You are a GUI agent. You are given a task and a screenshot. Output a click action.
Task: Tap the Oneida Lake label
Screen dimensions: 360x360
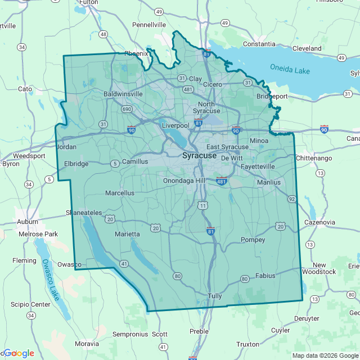click(x=291, y=69)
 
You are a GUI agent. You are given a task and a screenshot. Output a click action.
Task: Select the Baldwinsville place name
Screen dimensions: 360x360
click(x=125, y=94)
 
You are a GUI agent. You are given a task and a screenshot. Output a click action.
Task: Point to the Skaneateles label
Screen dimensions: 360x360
click(x=84, y=213)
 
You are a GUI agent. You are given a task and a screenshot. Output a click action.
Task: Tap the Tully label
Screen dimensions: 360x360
click(x=215, y=296)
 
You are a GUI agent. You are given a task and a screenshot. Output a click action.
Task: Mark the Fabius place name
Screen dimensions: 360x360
click(x=265, y=276)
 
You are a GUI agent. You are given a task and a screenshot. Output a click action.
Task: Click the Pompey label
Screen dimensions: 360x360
click(x=253, y=240)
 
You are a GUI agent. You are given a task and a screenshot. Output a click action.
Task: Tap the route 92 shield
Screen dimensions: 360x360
click(x=291, y=199)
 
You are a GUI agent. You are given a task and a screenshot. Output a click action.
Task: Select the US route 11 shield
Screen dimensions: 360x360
click(x=202, y=206)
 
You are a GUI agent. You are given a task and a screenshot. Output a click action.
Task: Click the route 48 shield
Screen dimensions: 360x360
click(x=103, y=34)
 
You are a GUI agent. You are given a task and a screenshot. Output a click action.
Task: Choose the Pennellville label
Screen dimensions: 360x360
click(x=149, y=25)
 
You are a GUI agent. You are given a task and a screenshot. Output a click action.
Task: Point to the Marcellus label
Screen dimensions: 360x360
click(x=120, y=193)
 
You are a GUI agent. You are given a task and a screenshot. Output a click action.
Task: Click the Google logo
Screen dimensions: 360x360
click(x=18, y=353)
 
